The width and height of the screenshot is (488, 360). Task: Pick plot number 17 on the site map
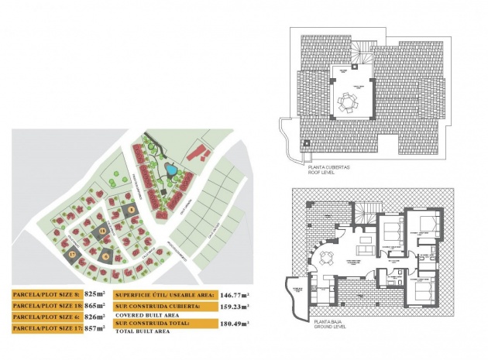point(73,254)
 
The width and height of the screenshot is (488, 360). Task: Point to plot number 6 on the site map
point(105,255)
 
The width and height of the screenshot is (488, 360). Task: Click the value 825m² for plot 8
point(95,295)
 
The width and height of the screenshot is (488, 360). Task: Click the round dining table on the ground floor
point(329,259)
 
